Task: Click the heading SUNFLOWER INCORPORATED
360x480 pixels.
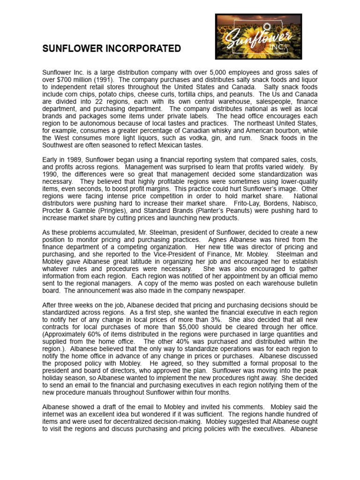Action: click(x=112, y=49)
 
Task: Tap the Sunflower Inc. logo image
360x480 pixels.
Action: click(x=258, y=37)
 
